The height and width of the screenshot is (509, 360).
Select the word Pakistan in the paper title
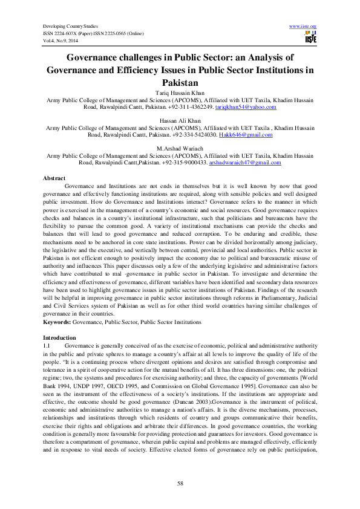coord(180,82)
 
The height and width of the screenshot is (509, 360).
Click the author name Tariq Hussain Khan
coord(180,92)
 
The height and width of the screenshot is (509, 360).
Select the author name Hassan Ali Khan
coord(180,121)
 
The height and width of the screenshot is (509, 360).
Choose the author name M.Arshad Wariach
coord(180,149)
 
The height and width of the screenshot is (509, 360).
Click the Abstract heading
coord(55,179)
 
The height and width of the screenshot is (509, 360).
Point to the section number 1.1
coord(48,345)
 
